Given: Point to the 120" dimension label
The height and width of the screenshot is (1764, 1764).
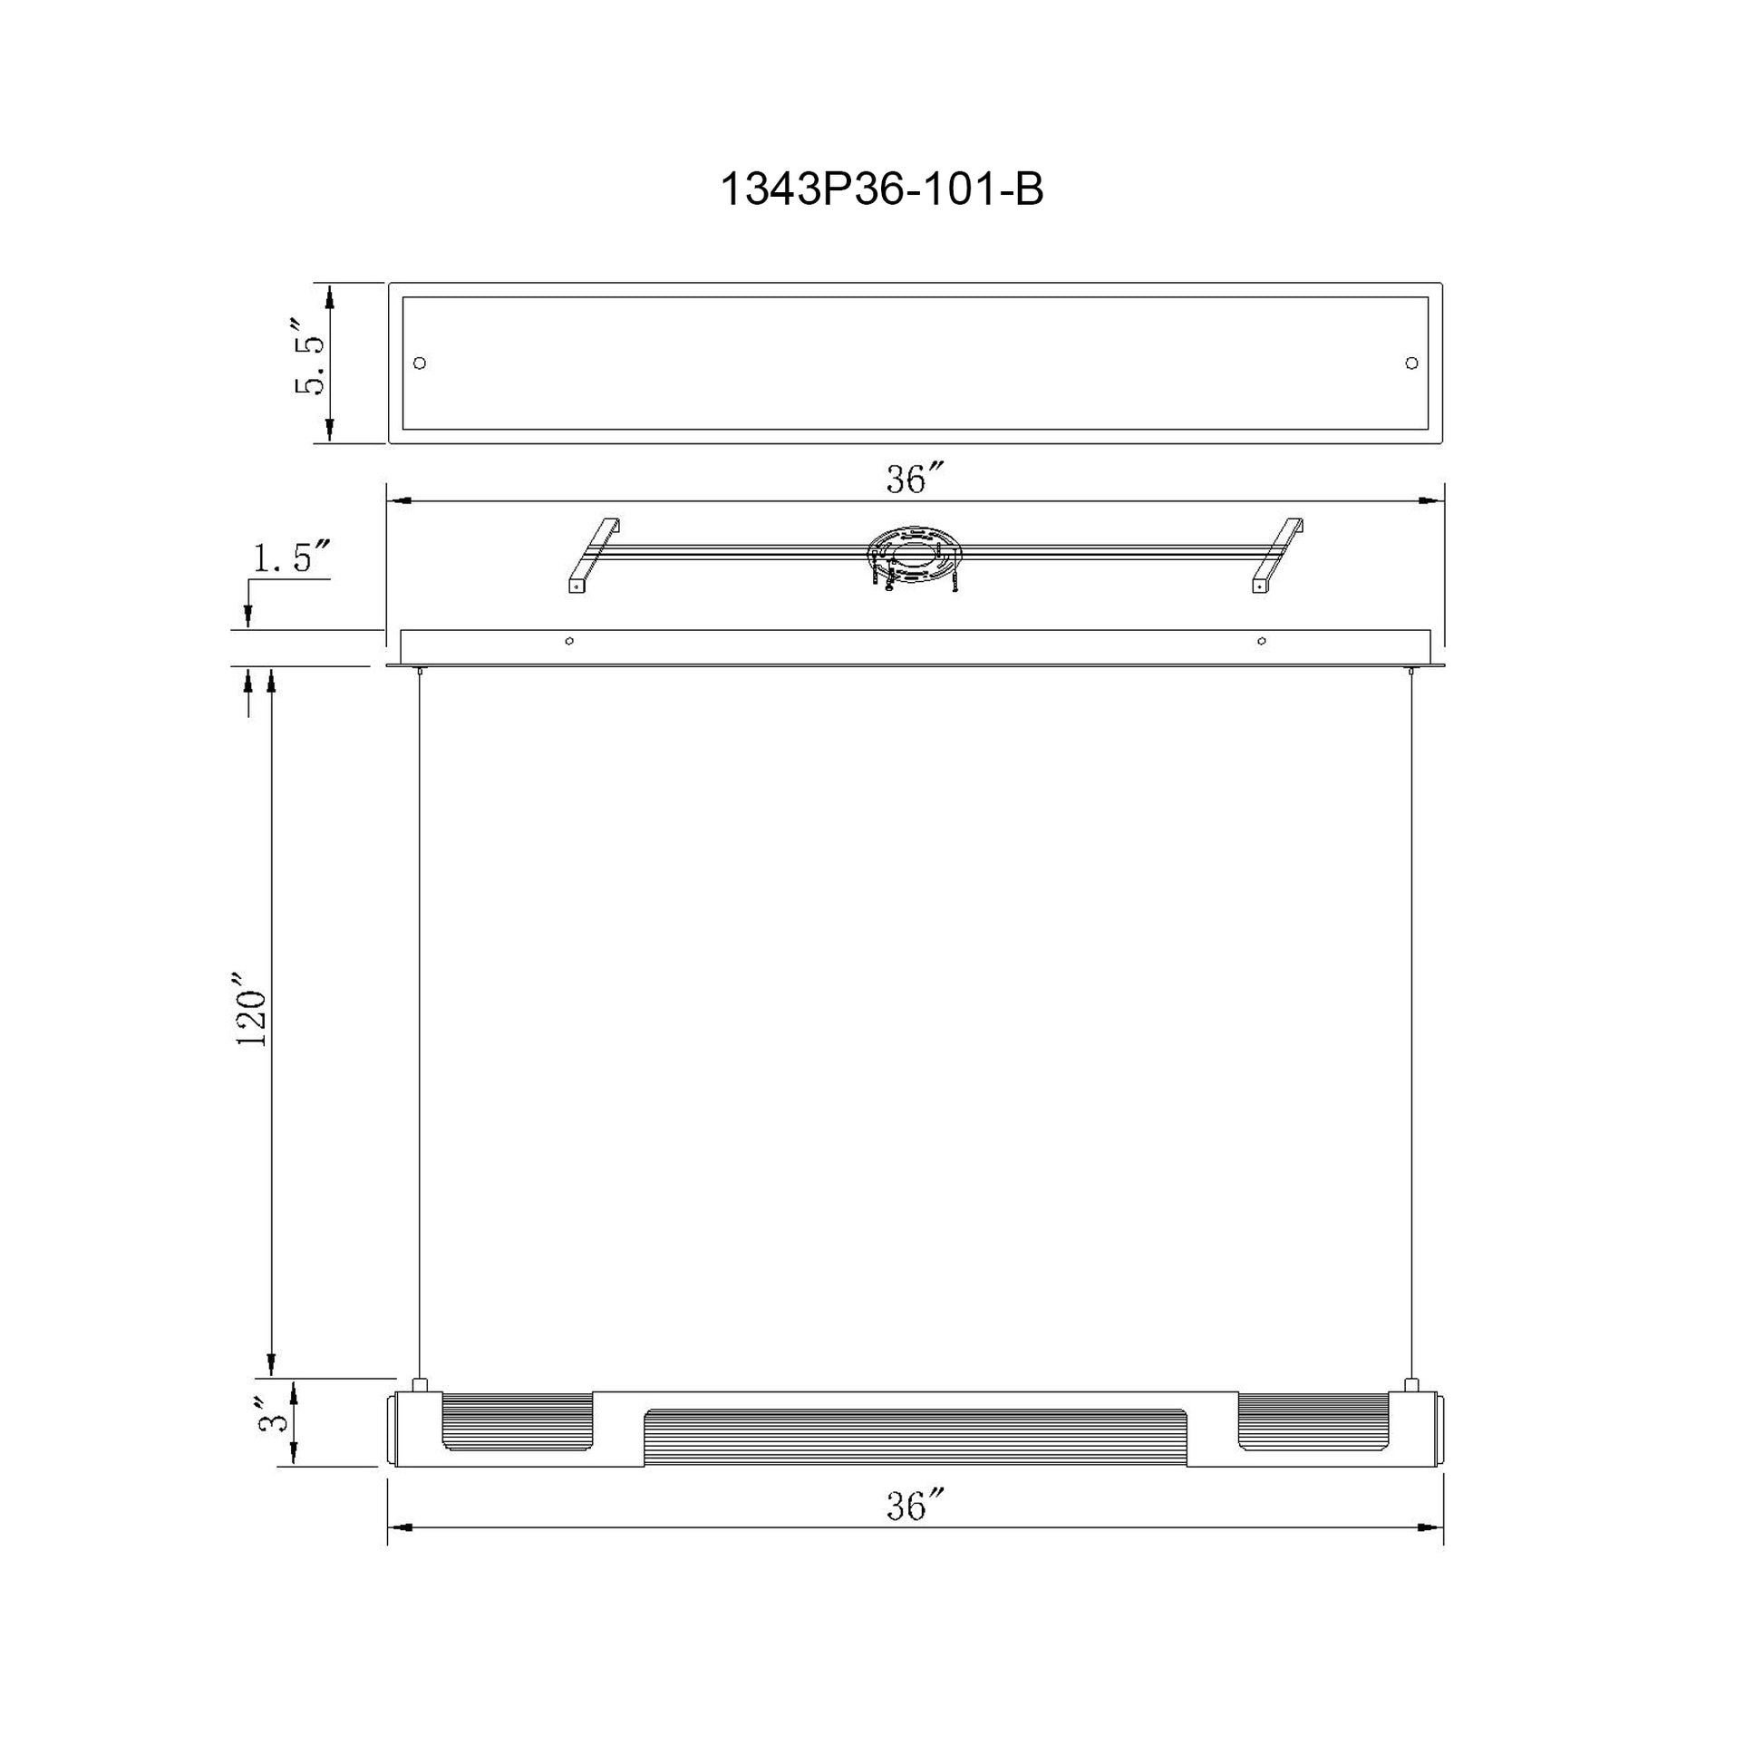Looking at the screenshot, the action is (x=251, y=1015).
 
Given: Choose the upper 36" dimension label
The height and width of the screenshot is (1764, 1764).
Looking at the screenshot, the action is (x=914, y=480).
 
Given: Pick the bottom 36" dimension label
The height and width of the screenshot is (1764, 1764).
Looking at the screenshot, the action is (x=914, y=1507).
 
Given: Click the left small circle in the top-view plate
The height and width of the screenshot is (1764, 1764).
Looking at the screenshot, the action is (x=420, y=363).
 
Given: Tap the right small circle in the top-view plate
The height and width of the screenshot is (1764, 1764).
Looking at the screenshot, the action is (x=1411, y=363).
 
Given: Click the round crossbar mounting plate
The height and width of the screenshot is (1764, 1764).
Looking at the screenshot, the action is (x=913, y=555).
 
